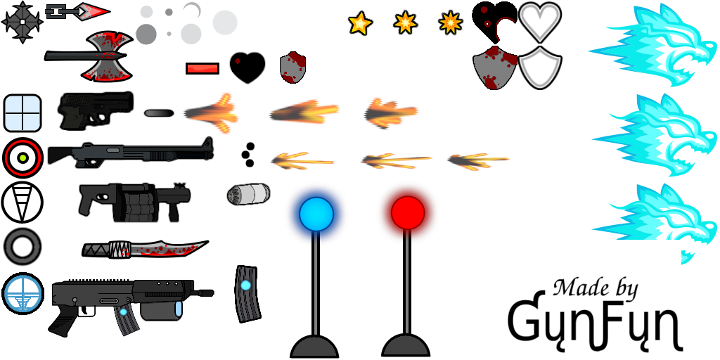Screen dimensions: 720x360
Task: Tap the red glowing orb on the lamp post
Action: [408, 212]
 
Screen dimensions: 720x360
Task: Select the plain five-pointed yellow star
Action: [360, 23]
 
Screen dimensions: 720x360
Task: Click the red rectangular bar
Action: [202, 68]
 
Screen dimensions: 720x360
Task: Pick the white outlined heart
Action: [540, 22]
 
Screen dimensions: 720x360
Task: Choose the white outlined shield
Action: [540, 67]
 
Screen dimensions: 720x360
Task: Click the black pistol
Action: [96, 110]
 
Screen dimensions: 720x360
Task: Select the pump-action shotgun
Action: [131, 153]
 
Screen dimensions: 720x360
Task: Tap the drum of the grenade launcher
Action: [139, 202]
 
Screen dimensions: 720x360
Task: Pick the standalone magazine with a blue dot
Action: [247, 294]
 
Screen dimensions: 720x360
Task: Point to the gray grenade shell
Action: [248, 194]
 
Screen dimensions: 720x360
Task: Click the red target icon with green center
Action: [23, 158]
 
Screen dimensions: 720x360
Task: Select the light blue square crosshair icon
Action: [22, 113]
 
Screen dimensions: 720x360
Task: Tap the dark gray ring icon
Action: [22, 247]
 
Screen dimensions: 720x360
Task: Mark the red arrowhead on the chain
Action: [92, 11]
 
